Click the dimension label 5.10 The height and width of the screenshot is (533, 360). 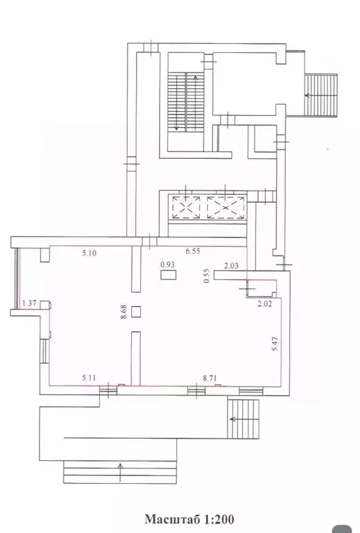[x=89, y=253]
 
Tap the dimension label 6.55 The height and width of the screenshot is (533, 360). [x=193, y=251]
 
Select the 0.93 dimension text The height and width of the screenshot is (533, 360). [x=168, y=264]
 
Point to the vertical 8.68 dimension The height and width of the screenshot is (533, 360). [x=123, y=312]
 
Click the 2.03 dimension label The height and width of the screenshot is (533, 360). [x=231, y=266]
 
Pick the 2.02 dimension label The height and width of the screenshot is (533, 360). [x=264, y=304]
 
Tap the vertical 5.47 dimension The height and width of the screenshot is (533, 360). [x=275, y=344]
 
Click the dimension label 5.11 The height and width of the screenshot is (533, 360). [x=89, y=378]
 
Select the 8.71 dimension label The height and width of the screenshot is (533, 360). [x=210, y=378]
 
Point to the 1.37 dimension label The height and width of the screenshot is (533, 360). [x=30, y=303]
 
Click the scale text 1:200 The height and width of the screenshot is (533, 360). [x=219, y=519]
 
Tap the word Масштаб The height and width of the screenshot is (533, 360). [x=173, y=519]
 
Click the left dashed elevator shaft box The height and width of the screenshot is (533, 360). [x=186, y=208]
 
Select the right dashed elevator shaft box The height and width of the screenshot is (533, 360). [x=226, y=208]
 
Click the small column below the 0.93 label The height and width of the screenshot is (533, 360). [x=168, y=274]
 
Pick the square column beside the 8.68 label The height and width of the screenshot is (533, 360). [x=136, y=312]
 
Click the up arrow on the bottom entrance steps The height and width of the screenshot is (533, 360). [x=121, y=472]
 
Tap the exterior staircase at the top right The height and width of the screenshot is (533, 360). [x=320, y=96]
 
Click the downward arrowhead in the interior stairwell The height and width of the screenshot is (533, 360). [x=177, y=128]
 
